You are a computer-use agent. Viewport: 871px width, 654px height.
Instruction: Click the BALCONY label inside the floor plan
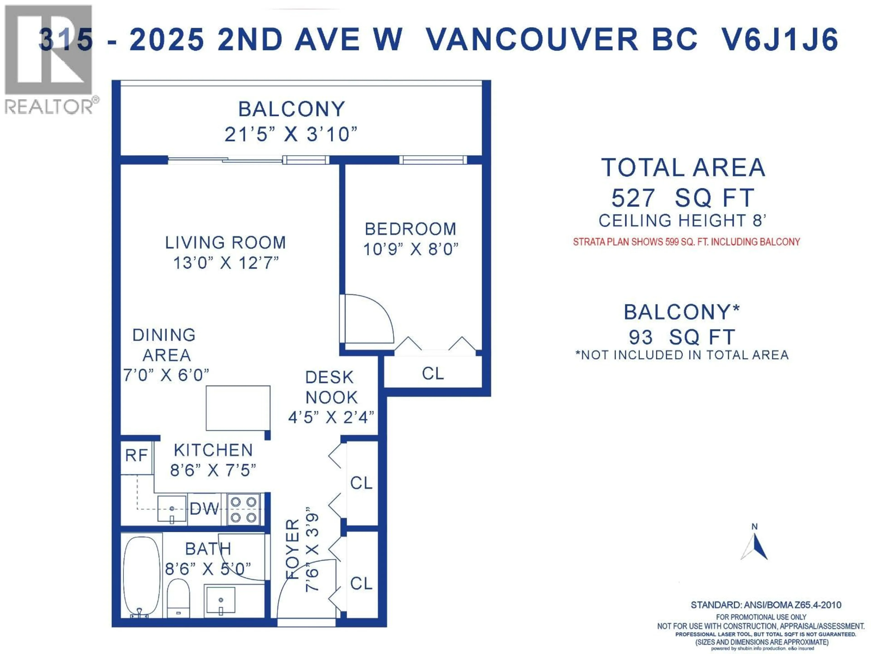click(291, 109)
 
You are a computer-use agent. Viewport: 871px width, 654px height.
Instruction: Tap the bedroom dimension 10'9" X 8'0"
click(411, 249)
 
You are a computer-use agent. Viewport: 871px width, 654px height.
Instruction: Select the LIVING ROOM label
click(225, 243)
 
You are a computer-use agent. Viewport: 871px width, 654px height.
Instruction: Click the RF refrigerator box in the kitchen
click(136, 456)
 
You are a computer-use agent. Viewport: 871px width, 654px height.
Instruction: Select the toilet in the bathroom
click(178, 597)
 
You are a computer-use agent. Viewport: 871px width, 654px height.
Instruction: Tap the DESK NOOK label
click(331, 387)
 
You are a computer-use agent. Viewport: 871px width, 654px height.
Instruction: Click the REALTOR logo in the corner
click(49, 59)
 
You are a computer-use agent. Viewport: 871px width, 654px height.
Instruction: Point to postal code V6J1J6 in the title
click(779, 40)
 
